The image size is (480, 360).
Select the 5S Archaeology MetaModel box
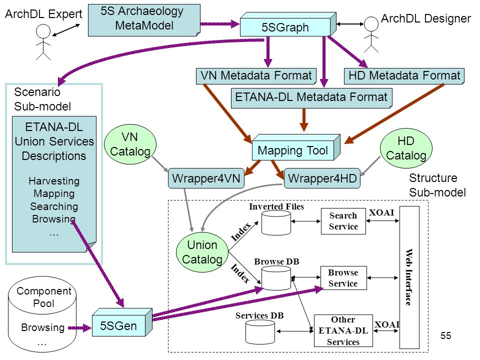[x=144, y=20]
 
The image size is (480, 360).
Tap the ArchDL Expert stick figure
[x=43, y=42]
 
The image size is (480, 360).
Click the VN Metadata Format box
[x=256, y=76]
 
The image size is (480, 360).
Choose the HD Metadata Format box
[x=404, y=76]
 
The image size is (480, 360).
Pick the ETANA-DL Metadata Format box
[x=311, y=98]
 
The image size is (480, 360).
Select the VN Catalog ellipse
[x=130, y=144]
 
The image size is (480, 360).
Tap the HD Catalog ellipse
[x=406, y=148]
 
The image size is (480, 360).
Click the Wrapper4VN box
[x=206, y=178]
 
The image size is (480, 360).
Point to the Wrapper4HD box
[x=322, y=178]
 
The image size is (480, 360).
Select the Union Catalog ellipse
[x=202, y=252]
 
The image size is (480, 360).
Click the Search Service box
[x=343, y=221]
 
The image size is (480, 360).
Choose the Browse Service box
[x=343, y=278]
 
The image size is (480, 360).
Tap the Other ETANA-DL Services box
[x=343, y=330]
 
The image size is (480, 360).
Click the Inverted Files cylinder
[x=276, y=223]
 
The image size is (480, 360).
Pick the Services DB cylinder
[x=260, y=332]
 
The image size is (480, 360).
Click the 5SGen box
[x=122, y=322]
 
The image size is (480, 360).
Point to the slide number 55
[x=445, y=335]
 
